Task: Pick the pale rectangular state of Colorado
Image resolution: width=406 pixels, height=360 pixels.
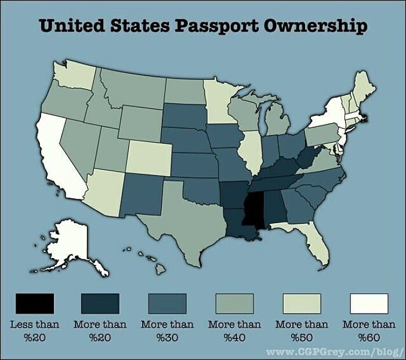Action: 148,157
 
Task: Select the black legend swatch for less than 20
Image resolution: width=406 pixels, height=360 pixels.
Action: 35,303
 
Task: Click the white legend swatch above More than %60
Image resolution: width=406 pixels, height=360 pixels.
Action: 369,303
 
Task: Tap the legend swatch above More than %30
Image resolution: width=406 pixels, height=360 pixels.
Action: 168,303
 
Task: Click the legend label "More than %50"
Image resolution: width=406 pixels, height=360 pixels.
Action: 302,330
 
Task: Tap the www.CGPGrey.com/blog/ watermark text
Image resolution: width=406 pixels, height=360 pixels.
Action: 334,352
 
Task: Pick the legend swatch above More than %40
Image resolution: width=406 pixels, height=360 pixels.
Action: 235,303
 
